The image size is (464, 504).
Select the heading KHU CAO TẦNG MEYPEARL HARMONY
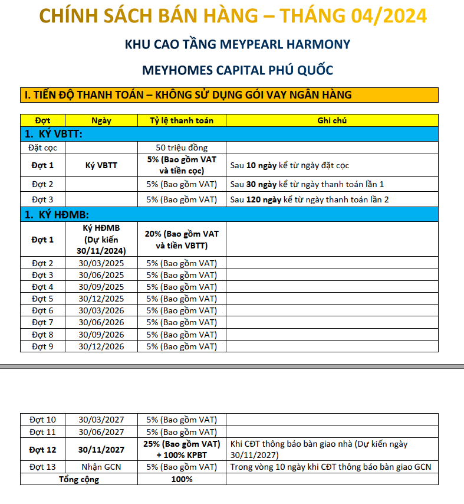[238, 44]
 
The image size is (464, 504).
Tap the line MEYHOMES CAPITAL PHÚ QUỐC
[238, 70]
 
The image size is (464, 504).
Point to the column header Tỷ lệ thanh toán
[181, 120]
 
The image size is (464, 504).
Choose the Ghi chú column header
[332, 120]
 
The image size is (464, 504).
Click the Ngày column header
[101, 120]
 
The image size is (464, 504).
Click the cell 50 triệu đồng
[181, 148]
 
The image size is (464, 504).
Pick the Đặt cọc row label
[42, 148]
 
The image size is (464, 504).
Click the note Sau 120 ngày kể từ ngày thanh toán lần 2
[310, 199]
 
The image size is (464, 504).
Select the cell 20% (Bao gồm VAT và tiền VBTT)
[181, 240]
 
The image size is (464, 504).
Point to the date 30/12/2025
[101, 299]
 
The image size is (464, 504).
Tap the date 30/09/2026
[101, 335]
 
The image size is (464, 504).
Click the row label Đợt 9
[42, 346]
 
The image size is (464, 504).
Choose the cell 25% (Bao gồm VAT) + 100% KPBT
[181, 450]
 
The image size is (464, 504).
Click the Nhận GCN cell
[101, 467]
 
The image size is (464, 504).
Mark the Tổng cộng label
[79, 479]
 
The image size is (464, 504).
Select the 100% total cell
[181, 479]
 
